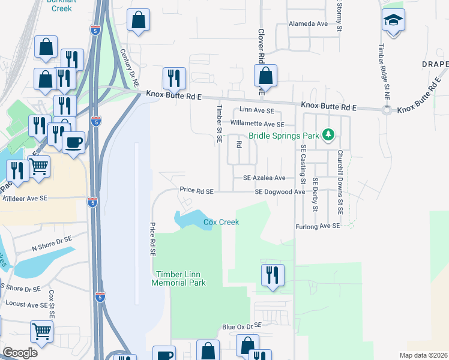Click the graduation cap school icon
click(393, 22)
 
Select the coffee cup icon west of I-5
click(74, 142)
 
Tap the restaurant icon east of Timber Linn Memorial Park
click(273, 275)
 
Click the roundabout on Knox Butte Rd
click(387, 110)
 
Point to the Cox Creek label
click(221, 222)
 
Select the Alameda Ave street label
click(309, 24)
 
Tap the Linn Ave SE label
click(256, 111)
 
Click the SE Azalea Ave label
click(264, 178)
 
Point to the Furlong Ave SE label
click(318, 226)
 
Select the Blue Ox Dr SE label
click(242, 326)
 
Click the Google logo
click(20, 352)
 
